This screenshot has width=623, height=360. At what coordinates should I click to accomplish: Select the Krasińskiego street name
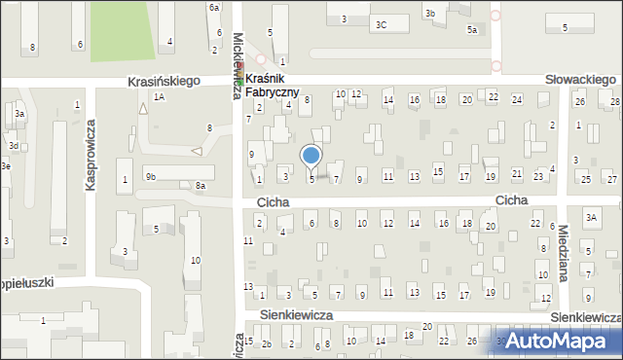[x=164, y=83]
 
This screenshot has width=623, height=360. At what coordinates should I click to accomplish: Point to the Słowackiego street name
[x=581, y=79]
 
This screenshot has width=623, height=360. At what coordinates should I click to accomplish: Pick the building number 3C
[x=381, y=24]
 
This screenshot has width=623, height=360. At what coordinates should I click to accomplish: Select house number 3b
[x=429, y=13]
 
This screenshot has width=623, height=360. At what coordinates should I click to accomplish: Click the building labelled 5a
[x=471, y=30]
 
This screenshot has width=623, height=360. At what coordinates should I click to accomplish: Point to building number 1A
[x=159, y=96]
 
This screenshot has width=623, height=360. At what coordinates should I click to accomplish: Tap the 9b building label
[x=150, y=176]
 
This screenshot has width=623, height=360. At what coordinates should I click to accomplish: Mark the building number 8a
[x=200, y=185]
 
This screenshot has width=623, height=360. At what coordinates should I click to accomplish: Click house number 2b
[x=267, y=342]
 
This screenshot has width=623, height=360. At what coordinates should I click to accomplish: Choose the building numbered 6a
[x=214, y=7]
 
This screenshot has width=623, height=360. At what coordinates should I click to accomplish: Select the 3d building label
[x=14, y=145]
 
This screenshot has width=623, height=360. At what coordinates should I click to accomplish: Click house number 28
[x=614, y=101]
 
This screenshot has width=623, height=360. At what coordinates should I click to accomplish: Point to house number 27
[x=611, y=179]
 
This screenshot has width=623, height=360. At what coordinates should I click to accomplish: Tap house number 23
[x=538, y=176]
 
